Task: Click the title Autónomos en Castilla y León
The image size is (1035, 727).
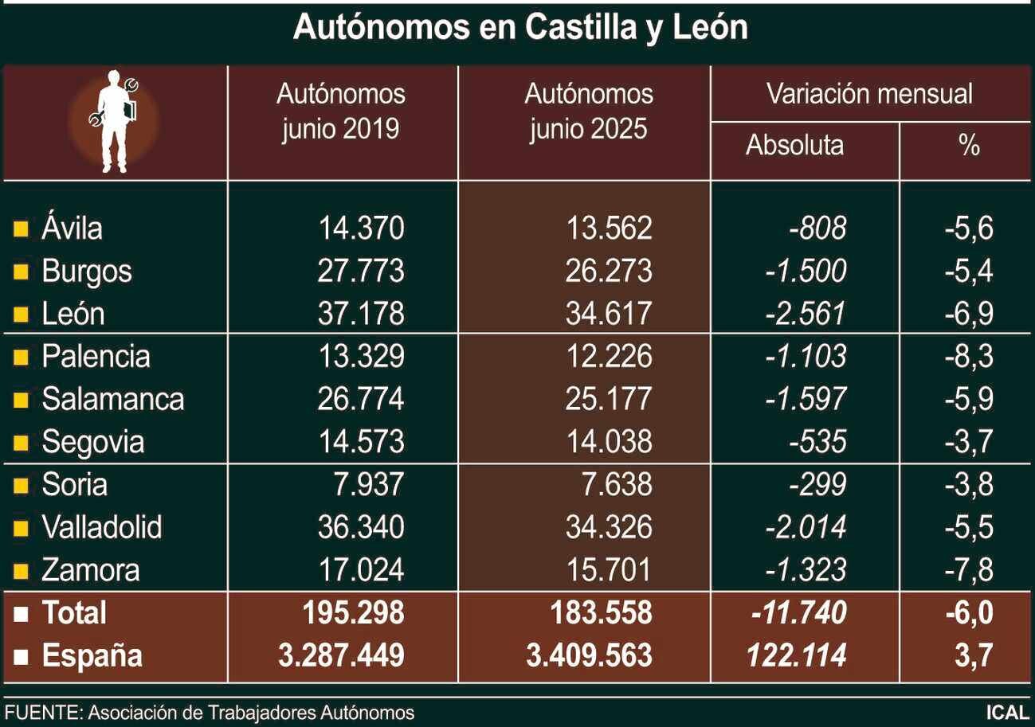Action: pos(519,28)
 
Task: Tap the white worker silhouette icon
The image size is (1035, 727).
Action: pos(114,121)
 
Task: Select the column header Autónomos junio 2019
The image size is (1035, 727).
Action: pos(341,111)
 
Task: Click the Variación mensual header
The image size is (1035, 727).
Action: pos(869,94)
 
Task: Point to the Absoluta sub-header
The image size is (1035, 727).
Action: pos(794,146)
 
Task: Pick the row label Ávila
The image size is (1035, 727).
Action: pos(72,229)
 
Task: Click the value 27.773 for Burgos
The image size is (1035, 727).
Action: pos(361,272)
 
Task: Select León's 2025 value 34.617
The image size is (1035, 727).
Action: pos(609,314)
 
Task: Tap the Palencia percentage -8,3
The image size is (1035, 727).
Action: pos(968,356)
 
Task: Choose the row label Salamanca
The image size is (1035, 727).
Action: pos(112,399)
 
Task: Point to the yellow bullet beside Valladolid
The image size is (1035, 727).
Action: pos(22,527)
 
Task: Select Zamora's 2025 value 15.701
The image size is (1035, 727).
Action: pos(609,570)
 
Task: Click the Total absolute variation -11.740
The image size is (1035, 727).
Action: pos(798,613)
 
